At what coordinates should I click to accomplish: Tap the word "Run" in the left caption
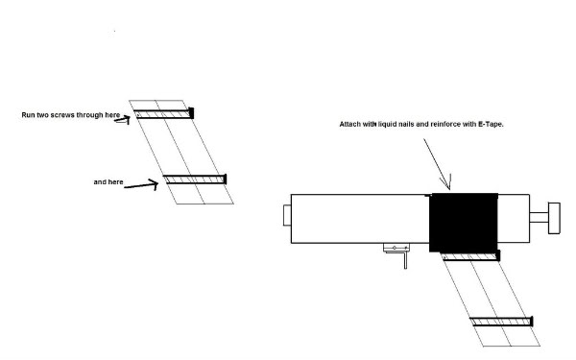pos(28,115)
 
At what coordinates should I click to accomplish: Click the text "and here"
pos(108,181)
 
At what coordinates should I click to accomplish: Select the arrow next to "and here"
pos(141,184)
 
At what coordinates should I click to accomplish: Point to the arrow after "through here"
pos(123,120)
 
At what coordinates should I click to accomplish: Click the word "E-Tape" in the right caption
pos(491,124)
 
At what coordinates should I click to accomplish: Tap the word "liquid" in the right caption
pos(387,124)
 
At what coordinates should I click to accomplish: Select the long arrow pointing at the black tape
pos(437,164)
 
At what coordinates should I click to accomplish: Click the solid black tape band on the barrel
pos(464,223)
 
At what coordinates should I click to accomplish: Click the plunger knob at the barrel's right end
pos(554,218)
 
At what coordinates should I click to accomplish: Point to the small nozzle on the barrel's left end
pos(287,215)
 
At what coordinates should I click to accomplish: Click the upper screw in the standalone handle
pos(163,114)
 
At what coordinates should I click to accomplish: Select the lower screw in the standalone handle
pos(195,180)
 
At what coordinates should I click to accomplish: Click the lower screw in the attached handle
pos(502,322)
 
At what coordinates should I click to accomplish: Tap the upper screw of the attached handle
pos(471,256)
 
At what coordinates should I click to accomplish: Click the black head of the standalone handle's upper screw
pos(191,113)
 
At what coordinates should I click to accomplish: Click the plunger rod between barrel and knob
pos(539,218)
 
